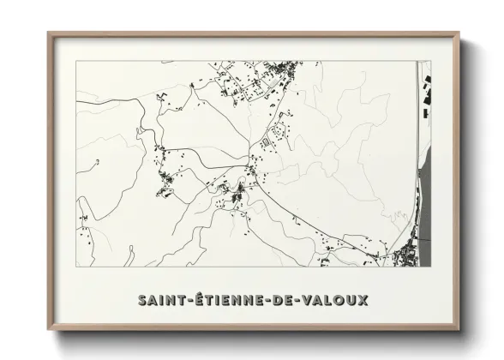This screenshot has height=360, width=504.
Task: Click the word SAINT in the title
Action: point(161,300)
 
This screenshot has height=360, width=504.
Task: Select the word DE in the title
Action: point(284,300)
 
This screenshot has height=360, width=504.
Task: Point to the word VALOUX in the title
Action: point(336,300)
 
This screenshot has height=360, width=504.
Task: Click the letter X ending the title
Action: point(363,300)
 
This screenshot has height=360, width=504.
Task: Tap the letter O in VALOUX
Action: point(339,300)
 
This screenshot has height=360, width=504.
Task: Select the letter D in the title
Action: point(278,300)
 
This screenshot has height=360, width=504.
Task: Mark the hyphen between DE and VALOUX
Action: point(299,301)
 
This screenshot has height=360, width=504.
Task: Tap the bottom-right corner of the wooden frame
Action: point(459,328)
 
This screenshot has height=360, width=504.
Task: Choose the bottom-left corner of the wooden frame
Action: point(49,328)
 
